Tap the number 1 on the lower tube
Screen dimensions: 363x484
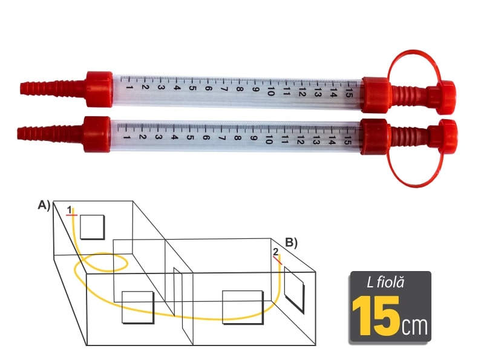(x=126, y=137)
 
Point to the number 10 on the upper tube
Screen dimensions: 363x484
(x=270, y=92)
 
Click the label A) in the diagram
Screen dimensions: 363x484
(x=44, y=206)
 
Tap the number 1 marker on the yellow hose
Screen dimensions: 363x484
(x=70, y=211)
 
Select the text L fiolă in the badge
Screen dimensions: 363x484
(x=385, y=282)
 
